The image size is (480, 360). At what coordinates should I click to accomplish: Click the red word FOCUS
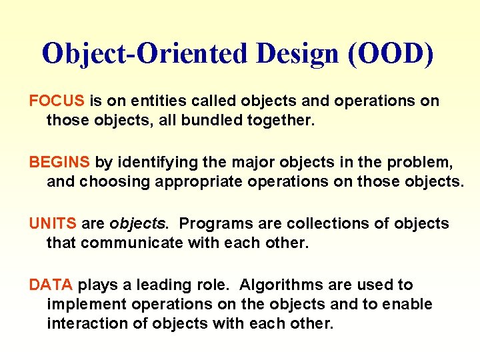pyautogui.click(x=57, y=101)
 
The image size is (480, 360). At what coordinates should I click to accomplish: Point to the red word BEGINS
pyautogui.click(x=59, y=163)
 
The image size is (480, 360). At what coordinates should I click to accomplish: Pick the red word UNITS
pyautogui.click(x=53, y=224)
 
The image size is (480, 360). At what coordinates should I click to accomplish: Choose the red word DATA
pyautogui.click(x=51, y=285)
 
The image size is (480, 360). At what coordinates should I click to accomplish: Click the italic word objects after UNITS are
pyautogui.click(x=139, y=224)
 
